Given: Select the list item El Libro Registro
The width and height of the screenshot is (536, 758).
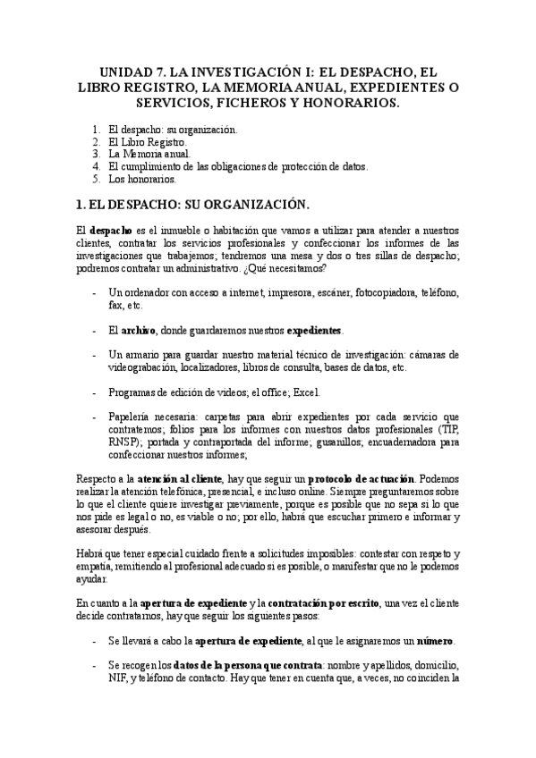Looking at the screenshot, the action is [x=148, y=141].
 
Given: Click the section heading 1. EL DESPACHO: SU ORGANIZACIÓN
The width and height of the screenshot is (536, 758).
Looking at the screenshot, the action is [x=192, y=204].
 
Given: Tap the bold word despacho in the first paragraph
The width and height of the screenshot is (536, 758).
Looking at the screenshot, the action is [x=113, y=232].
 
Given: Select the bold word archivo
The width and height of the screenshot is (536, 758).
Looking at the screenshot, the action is [x=138, y=330].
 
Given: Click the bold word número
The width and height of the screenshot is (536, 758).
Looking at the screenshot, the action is [x=435, y=641].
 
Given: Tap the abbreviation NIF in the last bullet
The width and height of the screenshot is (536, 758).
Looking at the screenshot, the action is [x=117, y=678].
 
